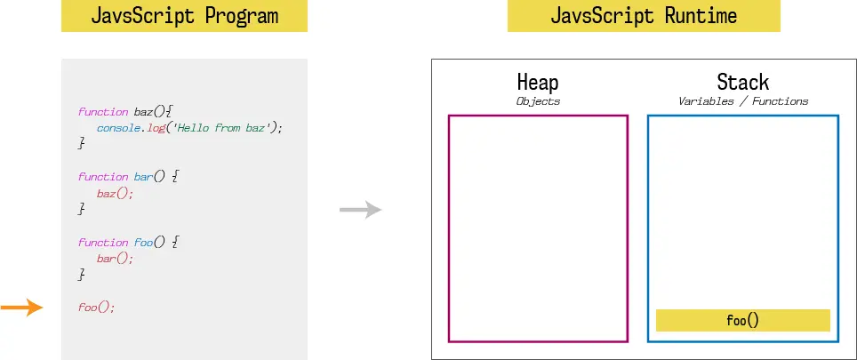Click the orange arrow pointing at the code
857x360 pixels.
click(x=22, y=308)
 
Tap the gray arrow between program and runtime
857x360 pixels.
click(x=361, y=210)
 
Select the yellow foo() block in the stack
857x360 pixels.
click(x=743, y=320)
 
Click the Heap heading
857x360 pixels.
click(x=538, y=83)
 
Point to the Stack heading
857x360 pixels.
click(x=743, y=83)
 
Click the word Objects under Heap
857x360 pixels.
click(x=538, y=101)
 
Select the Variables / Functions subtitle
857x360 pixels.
click(x=743, y=101)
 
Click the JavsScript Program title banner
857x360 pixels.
click(x=184, y=16)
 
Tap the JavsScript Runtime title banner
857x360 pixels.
click(x=644, y=16)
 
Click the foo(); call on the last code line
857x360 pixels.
click(x=96, y=307)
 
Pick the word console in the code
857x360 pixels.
click(x=117, y=128)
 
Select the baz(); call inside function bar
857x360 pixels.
click(x=115, y=194)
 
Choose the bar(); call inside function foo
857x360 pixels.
click(x=115, y=259)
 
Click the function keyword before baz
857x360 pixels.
click(x=103, y=111)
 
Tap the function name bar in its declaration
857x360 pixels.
click(x=143, y=177)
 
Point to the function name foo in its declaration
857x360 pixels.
click(x=143, y=242)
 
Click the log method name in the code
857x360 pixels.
click(x=156, y=128)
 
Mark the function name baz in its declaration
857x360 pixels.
click(x=143, y=111)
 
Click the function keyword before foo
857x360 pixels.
click(x=103, y=242)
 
